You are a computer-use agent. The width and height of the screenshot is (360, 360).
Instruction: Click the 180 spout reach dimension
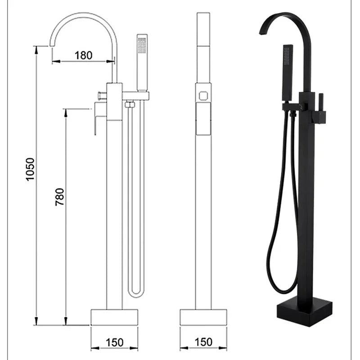point(83,55)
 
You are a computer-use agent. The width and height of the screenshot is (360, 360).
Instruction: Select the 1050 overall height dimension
point(30,169)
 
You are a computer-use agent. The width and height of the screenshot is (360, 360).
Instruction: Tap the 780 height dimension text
point(60,197)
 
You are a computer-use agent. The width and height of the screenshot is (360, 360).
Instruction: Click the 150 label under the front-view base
point(115,342)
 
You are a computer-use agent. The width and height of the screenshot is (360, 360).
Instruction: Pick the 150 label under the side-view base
point(204,342)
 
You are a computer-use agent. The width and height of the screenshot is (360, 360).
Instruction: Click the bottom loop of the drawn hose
point(135,292)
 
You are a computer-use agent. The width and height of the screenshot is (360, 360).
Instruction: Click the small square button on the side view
point(203,95)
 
